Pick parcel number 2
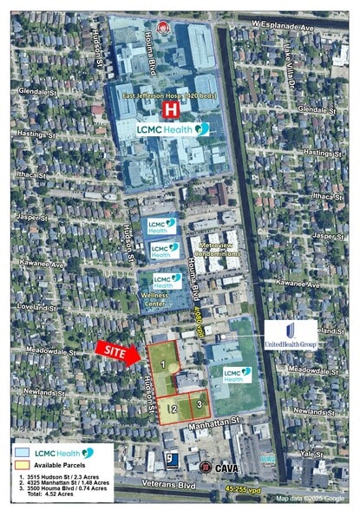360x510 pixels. [x=174, y=409]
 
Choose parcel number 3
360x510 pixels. [x=199, y=402]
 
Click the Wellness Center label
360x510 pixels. [x=154, y=299]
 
